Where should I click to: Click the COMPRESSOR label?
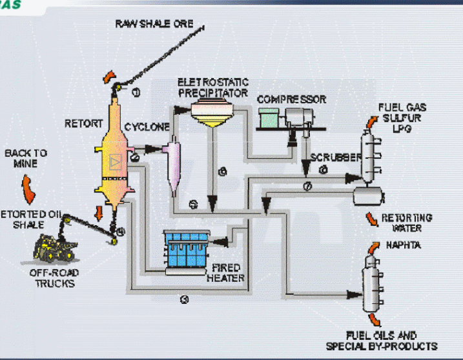click(291, 99)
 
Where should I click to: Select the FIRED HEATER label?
click(225, 272)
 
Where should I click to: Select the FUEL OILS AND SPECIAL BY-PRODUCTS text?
click(391, 341)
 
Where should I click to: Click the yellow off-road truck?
click(55, 249)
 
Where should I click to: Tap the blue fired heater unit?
click(185, 246)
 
